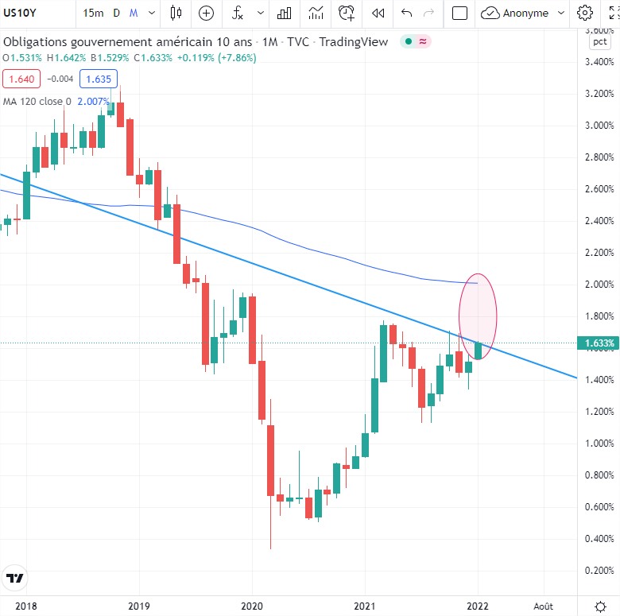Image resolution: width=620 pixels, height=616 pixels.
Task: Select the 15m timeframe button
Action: coord(93,13)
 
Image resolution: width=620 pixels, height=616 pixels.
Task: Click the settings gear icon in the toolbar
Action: coord(585,13)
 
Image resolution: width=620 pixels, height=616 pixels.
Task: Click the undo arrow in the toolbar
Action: coord(407,13)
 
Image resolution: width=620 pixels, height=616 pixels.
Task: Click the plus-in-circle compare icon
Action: coord(206,13)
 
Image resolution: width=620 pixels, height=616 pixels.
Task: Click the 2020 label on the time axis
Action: coord(252,605)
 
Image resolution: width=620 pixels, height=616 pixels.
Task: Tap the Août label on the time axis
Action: coord(544,605)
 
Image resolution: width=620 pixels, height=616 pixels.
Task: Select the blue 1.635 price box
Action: coord(99,79)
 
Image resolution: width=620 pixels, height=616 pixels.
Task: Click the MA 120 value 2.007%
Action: coord(92,101)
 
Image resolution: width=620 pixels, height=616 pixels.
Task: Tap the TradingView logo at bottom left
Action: coord(14,578)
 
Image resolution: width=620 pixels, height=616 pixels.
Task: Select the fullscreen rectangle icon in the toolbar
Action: coord(459,13)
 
